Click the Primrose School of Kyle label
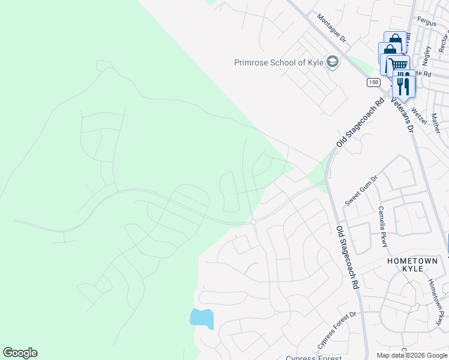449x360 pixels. [x=279, y=62]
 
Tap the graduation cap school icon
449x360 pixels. [x=332, y=62]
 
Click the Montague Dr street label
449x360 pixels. [x=332, y=29]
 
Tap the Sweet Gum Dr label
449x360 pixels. [x=361, y=191]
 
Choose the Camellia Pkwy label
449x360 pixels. [x=382, y=226]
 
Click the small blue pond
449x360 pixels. [x=202, y=318]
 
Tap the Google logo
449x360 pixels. [x=20, y=353]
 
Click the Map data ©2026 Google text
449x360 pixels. [x=412, y=355]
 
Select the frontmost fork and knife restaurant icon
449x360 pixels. [x=403, y=85]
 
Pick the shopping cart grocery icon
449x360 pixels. [x=396, y=65]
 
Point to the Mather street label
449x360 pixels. [x=435, y=123]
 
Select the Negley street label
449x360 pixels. [x=427, y=56]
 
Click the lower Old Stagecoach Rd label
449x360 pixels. [x=348, y=258]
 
